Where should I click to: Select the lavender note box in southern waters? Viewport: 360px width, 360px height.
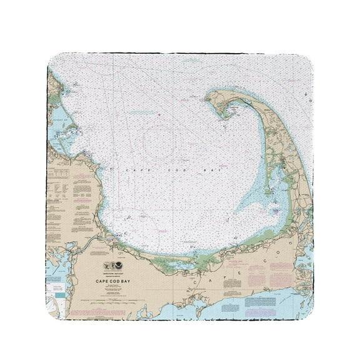257,301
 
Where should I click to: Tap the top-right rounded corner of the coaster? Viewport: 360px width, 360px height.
306,60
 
